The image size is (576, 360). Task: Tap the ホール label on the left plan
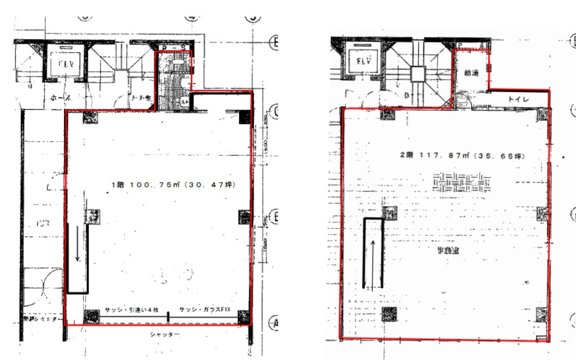(61, 98)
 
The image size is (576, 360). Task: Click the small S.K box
(185, 102)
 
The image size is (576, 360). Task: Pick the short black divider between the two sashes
(169, 317)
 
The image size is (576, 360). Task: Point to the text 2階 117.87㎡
(431, 156)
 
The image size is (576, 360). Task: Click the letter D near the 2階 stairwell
(406, 96)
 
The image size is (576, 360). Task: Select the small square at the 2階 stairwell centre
(417, 74)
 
